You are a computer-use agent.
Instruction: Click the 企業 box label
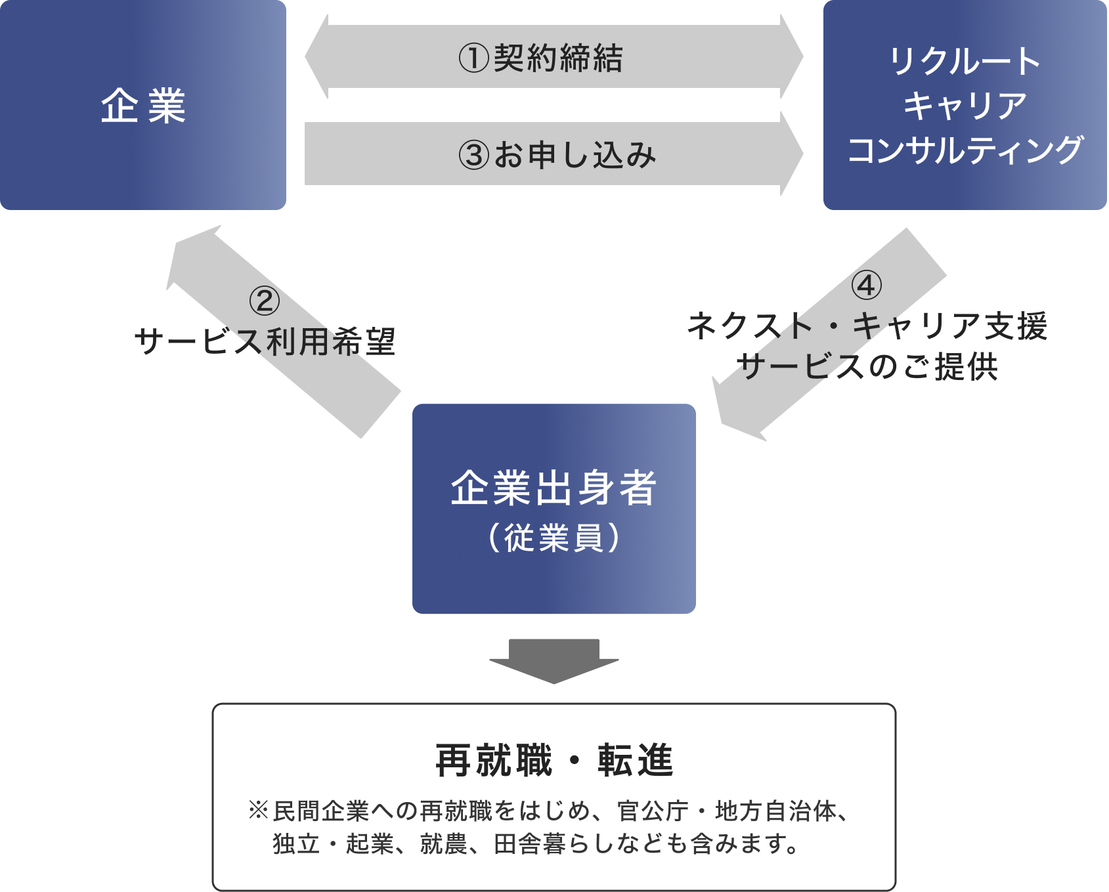point(143,106)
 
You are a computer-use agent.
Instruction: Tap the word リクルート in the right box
point(965,61)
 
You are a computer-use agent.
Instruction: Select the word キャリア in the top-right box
point(965,106)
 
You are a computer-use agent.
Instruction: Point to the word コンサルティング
point(965,150)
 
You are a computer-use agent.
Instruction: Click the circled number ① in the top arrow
point(473,58)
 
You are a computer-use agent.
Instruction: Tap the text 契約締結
point(558,58)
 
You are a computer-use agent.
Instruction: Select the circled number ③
point(473,156)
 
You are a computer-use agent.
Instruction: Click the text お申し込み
point(575,156)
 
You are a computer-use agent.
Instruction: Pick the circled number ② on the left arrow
point(265,301)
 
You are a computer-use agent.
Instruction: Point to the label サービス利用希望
point(265,342)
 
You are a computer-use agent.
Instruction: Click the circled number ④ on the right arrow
point(866,286)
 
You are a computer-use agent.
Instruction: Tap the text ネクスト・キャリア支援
point(866,326)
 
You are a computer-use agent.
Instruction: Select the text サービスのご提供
point(866,367)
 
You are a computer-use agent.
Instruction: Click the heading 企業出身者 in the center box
point(554,488)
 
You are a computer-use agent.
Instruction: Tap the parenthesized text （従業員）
point(554,538)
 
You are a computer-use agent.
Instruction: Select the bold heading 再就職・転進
point(554,761)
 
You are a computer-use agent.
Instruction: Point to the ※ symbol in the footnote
point(258,811)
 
